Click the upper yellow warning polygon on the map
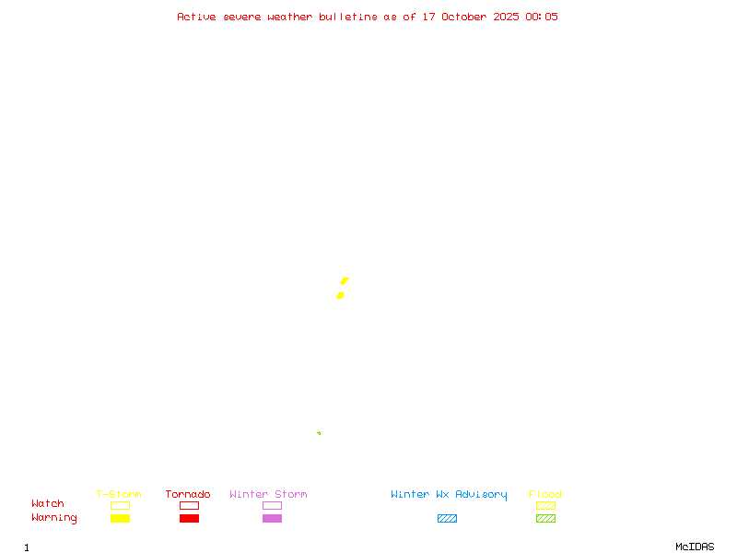(x=345, y=280)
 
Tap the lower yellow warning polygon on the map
(x=340, y=295)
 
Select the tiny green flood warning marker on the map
(x=319, y=433)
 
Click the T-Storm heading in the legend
(x=119, y=494)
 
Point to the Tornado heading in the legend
(x=188, y=494)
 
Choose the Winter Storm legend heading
(x=268, y=494)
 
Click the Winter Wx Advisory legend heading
(x=449, y=494)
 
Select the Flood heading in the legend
(x=545, y=494)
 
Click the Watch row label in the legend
(x=48, y=504)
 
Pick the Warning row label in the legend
(x=54, y=518)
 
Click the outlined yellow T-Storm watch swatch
(x=120, y=505)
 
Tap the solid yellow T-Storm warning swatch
(x=120, y=518)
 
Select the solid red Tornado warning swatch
(x=189, y=518)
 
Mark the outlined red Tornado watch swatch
(x=189, y=505)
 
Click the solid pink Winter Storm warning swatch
(x=272, y=518)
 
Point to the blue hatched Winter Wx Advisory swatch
(x=447, y=518)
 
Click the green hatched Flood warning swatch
(x=545, y=518)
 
